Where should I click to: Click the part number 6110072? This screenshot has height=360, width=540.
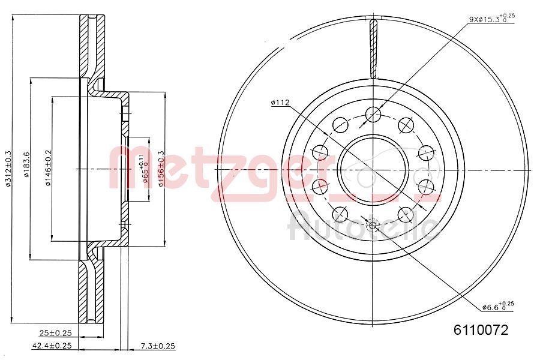pyautogui.click(x=481, y=330)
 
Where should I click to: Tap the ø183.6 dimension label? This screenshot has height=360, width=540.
pyautogui.click(x=26, y=169)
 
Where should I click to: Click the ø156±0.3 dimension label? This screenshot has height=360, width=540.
pyautogui.click(x=161, y=169)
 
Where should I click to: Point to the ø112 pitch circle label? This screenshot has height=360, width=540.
pyautogui.click(x=280, y=103)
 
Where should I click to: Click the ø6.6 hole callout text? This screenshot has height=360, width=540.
pyautogui.click(x=497, y=307)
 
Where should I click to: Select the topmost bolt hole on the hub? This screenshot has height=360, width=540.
pyautogui.click(x=373, y=113)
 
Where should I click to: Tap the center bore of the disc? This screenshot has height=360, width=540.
pyautogui.click(x=373, y=169)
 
